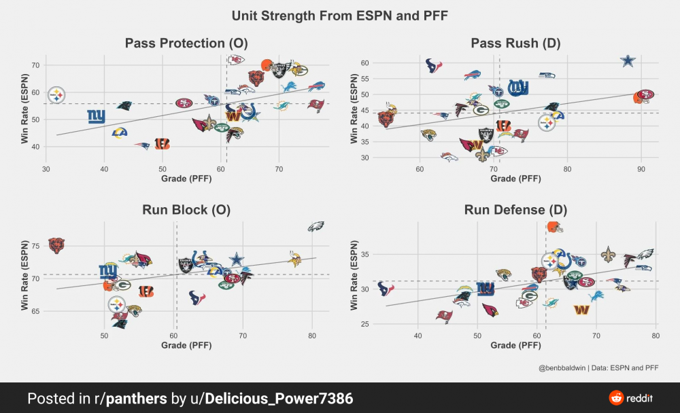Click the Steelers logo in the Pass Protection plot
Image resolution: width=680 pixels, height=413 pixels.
(x=57, y=94)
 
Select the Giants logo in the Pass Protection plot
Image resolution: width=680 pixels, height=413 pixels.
(x=97, y=116)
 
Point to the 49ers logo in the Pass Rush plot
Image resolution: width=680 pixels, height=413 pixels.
(x=644, y=96)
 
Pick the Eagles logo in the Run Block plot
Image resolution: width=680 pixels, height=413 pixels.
(x=316, y=227)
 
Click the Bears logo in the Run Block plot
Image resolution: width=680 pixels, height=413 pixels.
(x=56, y=245)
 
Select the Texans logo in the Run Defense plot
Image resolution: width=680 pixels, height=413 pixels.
(x=386, y=289)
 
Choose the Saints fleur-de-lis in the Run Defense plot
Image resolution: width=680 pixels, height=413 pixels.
(x=607, y=255)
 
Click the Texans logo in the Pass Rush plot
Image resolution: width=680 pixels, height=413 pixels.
(x=434, y=66)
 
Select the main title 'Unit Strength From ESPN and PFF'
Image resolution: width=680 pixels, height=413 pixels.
(x=339, y=15)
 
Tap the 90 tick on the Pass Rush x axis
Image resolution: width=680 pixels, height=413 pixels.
(x=641, y=167)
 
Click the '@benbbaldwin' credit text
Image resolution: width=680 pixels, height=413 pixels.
(x=564, y=368)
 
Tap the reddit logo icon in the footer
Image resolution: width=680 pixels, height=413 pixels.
(x=616, y=398)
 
